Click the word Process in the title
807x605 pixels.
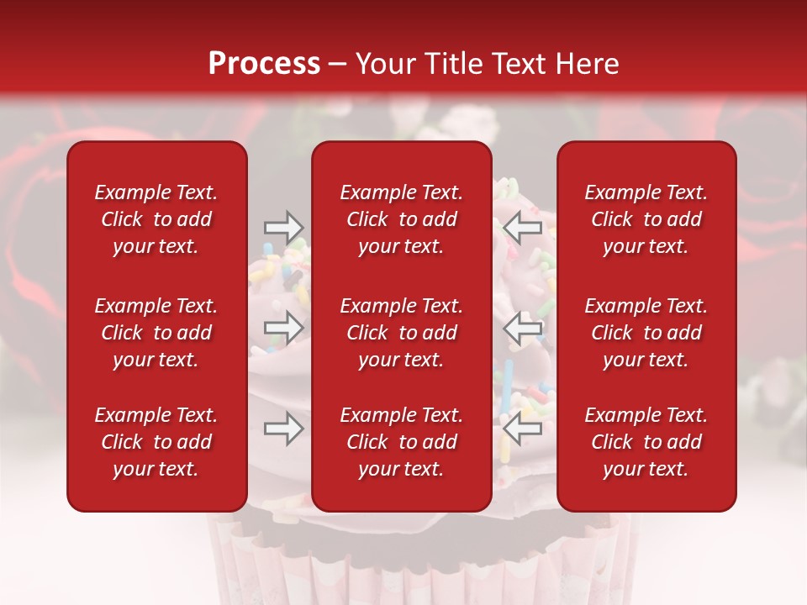264,64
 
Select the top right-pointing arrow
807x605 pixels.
283,227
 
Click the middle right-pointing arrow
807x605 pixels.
283,328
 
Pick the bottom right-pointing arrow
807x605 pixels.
283,429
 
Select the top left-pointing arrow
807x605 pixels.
523,227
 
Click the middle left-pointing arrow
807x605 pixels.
523,328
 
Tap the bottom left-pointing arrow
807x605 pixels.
523,429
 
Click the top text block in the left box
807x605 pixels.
156,219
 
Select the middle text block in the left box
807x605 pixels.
156,333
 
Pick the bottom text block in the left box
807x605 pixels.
156,442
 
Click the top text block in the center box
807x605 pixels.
401,219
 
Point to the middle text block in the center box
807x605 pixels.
401,333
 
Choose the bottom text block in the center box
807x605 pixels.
401,442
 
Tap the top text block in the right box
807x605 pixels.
646,219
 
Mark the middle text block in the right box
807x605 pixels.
646,333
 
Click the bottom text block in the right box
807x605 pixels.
646,442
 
